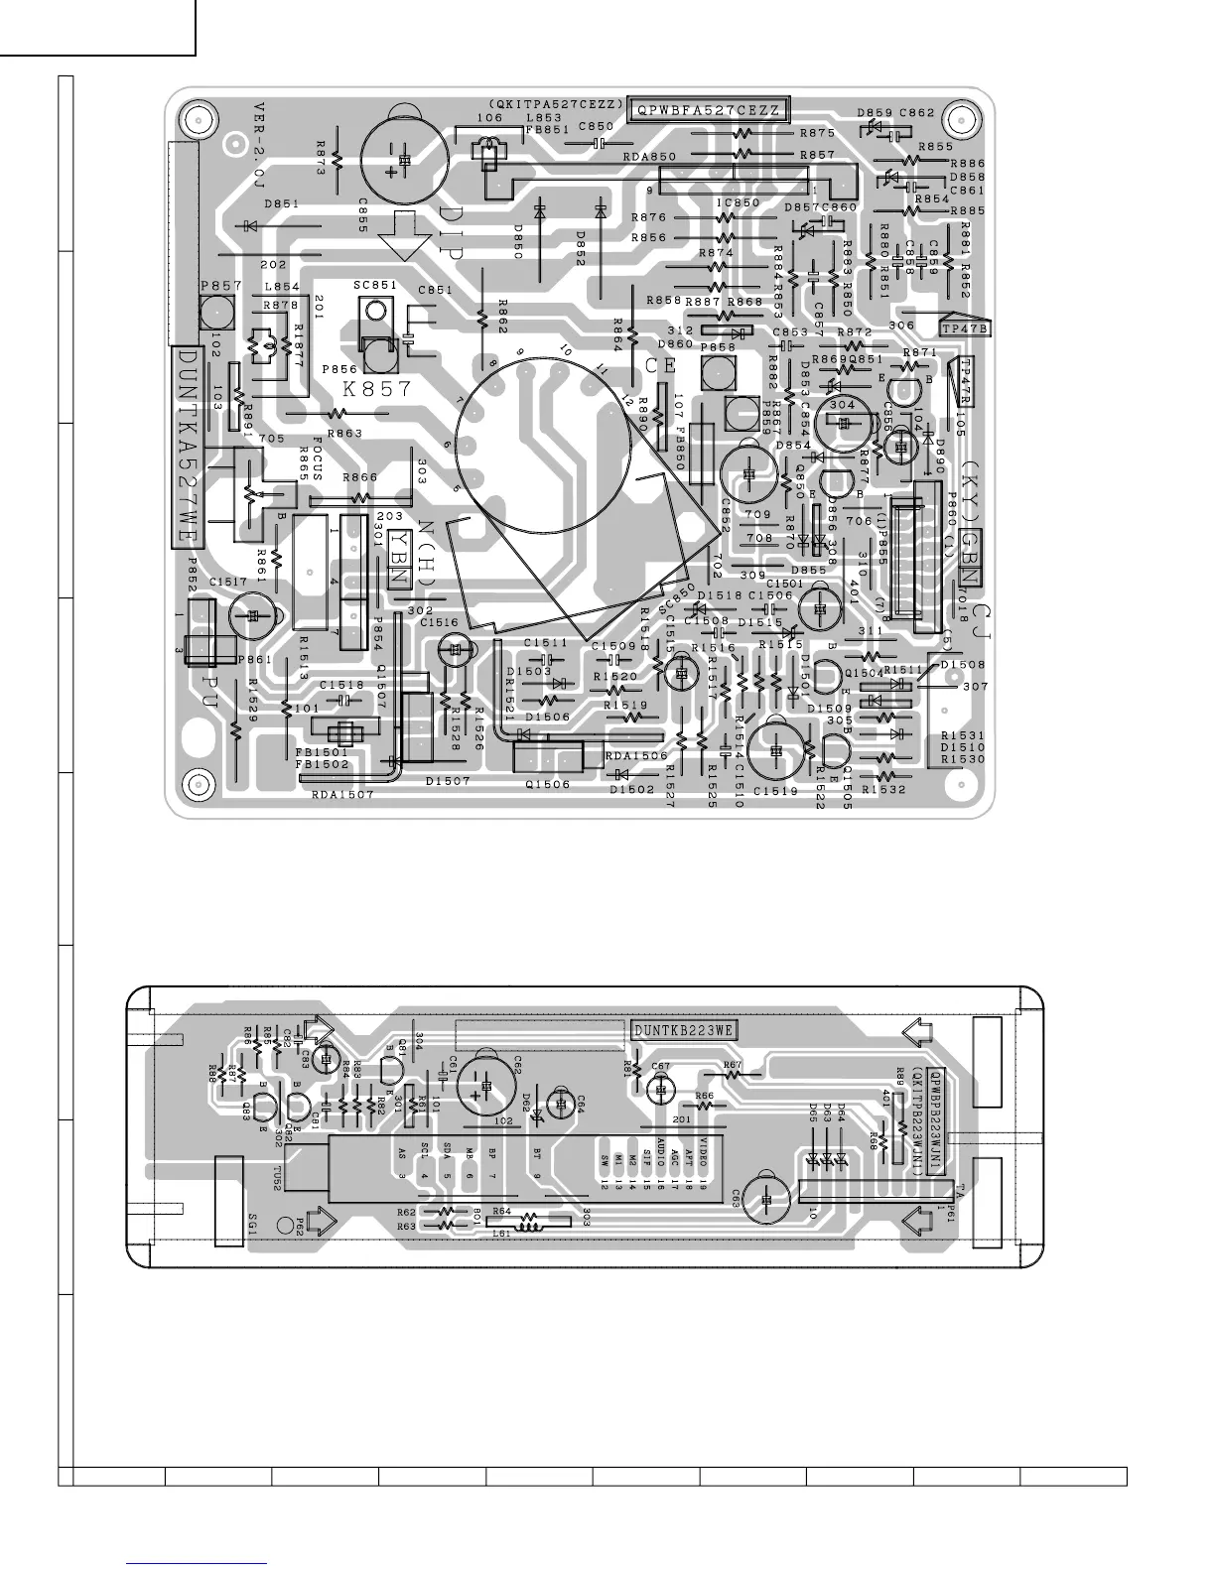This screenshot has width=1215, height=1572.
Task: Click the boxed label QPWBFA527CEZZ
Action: click(x=708, y=109)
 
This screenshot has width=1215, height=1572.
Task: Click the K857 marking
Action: click(x=377, y=390)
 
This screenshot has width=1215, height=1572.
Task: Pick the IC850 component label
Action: click(x=738, y=202)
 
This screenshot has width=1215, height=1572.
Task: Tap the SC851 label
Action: click(x=375, y=286)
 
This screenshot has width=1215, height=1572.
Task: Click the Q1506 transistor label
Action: click(x=548, y=784)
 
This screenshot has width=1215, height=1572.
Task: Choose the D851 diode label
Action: click(x=282, y=203)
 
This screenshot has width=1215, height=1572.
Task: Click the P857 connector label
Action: click(x=221, y=286)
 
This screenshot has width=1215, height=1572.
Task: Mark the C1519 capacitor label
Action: click(x=775, y=791)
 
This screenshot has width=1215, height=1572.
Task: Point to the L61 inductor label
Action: click(x=501, y=1234)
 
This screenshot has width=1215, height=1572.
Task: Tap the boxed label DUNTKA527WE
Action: click(x=187, y=445)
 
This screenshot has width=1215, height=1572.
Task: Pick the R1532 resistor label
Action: click(x=883, y=790)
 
